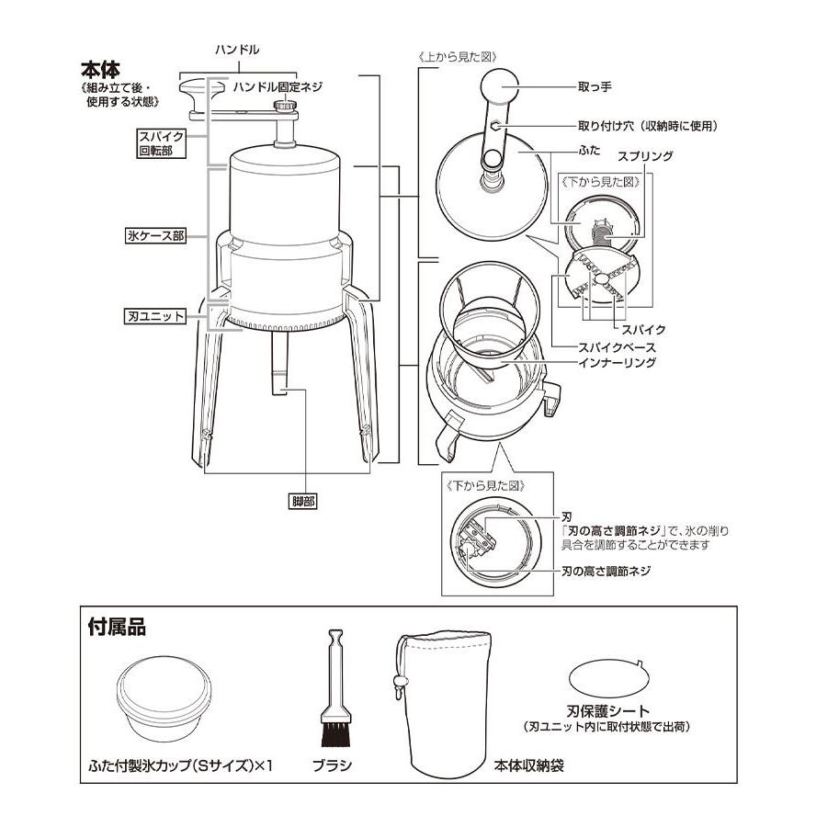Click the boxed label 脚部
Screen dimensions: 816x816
coord(302,501)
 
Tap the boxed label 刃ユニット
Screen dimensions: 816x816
coord(155,316)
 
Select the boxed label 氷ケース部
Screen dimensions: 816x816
coord(155,236)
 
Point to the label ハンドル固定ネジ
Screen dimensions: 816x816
coord(278,86)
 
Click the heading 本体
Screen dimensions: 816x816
coord(100,70)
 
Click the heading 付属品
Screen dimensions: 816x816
coord(117,627)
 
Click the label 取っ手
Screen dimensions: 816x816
coord(595,87)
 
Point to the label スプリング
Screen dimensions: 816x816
coord(645,156)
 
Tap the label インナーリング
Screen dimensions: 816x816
coord(617,362)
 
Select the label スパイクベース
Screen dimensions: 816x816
coord(617,347)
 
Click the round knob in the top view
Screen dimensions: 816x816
coord(500,86)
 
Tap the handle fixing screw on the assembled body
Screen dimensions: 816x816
coord(285,106)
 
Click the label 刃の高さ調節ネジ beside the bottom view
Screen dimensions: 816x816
coord(606,571)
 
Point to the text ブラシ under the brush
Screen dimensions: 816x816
coord(332,765)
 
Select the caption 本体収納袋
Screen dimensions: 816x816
coord(528,765)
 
